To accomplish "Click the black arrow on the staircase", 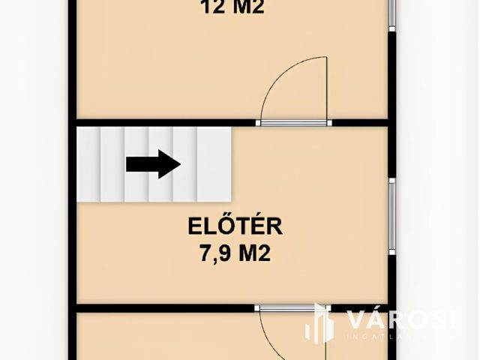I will [153, 165].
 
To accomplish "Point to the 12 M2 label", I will [232, 7].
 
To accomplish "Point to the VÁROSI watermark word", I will [401, 319].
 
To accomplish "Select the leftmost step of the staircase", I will [89, 164].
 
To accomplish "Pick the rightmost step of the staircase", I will [214, 164].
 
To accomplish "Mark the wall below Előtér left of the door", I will [165, 307].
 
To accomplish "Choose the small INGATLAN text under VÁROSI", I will [382, 337].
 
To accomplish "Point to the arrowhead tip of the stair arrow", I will [180, 165].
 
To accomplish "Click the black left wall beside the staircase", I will [74, 165].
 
